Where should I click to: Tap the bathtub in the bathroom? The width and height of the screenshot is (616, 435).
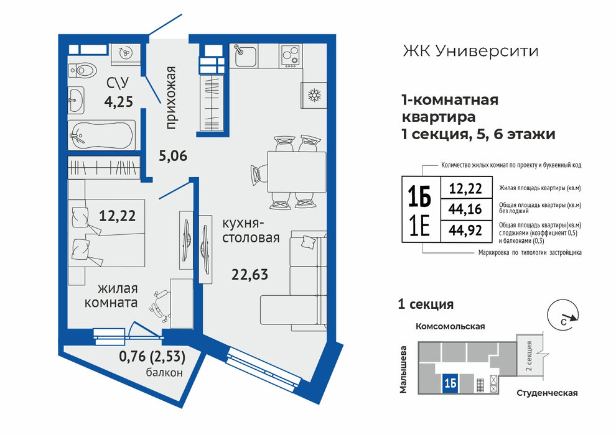102,135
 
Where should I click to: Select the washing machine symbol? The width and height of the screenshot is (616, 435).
125,52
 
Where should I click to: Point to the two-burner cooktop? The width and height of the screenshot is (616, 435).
291,55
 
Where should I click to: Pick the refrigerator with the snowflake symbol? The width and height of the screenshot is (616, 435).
314,95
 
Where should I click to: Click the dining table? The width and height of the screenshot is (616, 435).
297,172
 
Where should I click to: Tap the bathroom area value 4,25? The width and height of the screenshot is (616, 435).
119,102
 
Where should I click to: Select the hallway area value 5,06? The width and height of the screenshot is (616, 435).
173,156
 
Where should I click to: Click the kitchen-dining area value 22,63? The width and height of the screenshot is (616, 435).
250,274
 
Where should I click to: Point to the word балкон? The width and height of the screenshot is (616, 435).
164,372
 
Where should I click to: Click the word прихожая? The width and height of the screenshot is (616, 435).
170,98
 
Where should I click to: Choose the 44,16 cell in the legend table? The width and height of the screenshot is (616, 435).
465,209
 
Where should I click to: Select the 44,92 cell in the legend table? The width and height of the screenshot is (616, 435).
465,231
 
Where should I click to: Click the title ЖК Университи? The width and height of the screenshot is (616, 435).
470,51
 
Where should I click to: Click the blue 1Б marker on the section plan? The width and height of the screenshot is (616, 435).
450,383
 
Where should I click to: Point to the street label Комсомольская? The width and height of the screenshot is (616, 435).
450,326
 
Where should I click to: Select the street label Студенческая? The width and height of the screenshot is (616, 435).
547,393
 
